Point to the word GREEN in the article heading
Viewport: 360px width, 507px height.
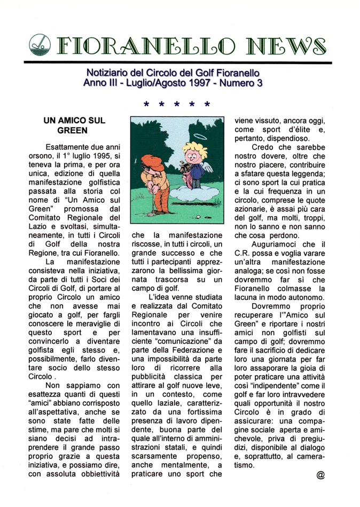point(72,130)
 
